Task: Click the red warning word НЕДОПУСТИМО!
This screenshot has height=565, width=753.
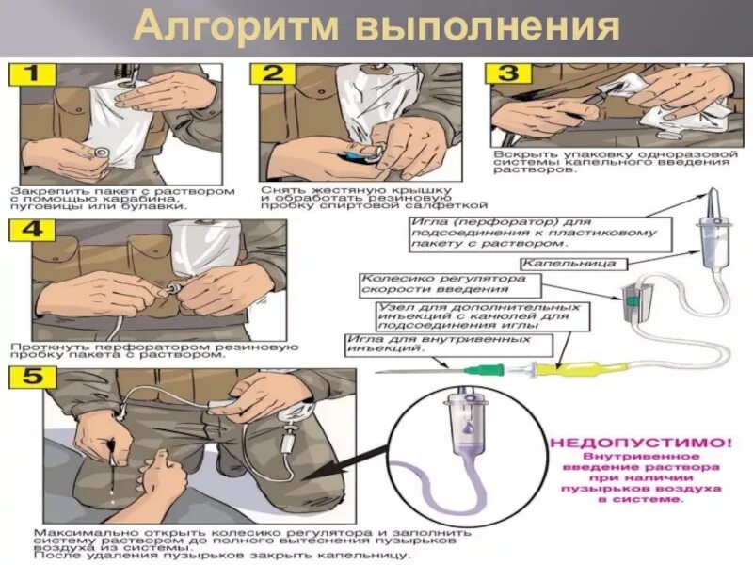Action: pos(639,440)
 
